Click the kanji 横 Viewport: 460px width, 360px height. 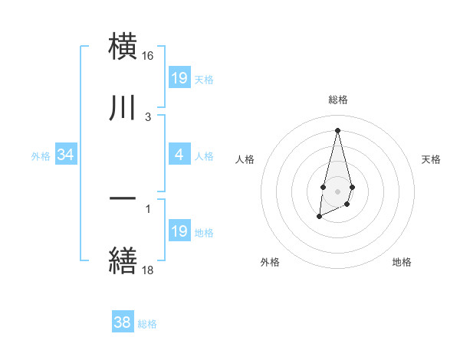(x=123, y=46)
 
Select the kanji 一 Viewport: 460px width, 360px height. (x=123, y=198)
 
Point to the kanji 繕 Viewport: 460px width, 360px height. (x=123, y=260)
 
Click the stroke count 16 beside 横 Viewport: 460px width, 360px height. (x=148, y=56)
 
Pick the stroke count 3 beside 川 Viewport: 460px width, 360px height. (x=148, y=117)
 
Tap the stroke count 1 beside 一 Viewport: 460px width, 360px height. (x=148, y=207)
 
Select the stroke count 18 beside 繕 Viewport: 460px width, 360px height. (x=148, y=270)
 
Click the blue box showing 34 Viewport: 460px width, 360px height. (x=66, y=155)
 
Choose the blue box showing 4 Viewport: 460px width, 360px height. (x=179, y=155)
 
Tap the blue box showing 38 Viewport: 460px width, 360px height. (x=123, y=323)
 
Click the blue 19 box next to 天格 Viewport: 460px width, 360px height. (x=179, y=78)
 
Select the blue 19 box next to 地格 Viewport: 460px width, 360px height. (x=179, y=231)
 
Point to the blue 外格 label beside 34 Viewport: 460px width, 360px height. (x=41, y=156)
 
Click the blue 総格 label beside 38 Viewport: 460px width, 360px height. (x=147, y=324)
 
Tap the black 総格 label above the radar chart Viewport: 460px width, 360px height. (x=337, y=100)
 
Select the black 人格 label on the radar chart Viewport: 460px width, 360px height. (x=245, y=159)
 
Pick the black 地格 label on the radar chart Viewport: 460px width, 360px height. (x=402, y=262)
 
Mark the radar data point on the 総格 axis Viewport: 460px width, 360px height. (x=337, y=129)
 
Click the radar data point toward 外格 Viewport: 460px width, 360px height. (x=319, y=218)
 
